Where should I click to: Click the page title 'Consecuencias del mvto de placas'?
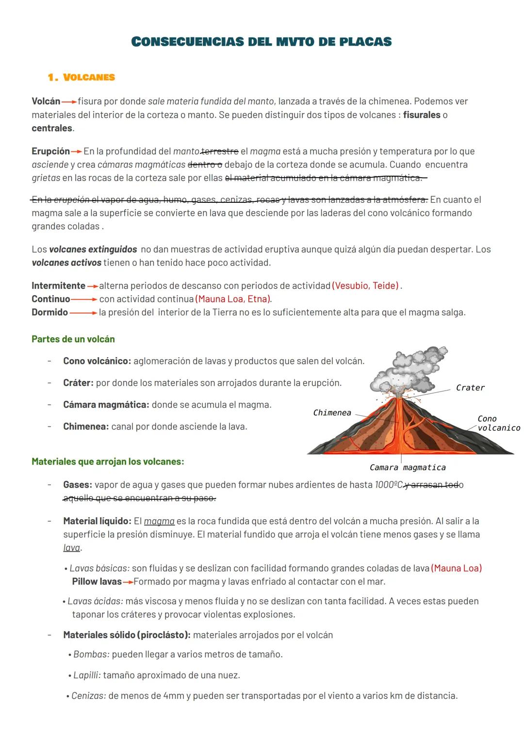[262, 42]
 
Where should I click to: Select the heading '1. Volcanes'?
[82, 77]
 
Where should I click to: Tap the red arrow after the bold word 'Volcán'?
[69, 102]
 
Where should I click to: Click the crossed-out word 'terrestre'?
[219, 151]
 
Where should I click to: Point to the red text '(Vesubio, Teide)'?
[366, 286]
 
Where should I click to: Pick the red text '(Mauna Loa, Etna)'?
[233, 299]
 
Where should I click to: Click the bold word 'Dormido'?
[49, 312]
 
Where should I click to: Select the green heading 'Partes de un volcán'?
[73, 339]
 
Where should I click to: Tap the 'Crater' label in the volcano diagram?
[470, 388]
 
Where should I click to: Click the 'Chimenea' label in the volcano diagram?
[332, 412]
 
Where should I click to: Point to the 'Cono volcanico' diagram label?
[498, 423]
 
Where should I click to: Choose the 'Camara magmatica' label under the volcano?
[407, 467]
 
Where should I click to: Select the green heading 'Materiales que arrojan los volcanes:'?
[108, 461]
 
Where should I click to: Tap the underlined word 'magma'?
[159, 521]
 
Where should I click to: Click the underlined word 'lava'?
[72, 548]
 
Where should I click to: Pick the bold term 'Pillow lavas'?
[97, 581]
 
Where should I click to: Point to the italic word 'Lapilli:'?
[87, 675]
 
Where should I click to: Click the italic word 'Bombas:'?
[91, 654]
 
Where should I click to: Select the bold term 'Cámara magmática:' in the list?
[106, 405]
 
